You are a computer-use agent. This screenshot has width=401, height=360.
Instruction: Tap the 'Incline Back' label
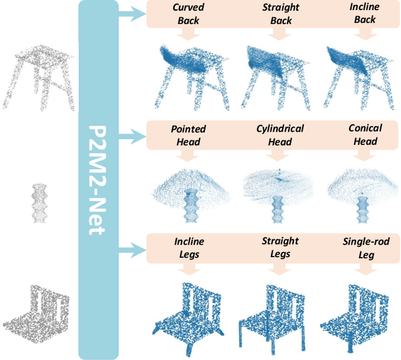pos(364,14)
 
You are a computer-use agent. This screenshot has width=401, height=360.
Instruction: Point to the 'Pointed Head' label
pos(188,135)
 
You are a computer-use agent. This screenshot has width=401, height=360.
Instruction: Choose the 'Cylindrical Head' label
pos(280,134)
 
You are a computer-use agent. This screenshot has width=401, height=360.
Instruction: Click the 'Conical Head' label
pos(365,134)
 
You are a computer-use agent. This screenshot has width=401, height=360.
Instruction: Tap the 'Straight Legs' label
pos(280,247)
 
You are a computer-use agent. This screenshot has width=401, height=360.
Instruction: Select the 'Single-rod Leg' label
pos(365,247)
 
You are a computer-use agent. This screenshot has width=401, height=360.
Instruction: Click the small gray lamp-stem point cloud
pos(39,202)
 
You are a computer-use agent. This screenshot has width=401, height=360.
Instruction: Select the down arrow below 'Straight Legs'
pos(276,270)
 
